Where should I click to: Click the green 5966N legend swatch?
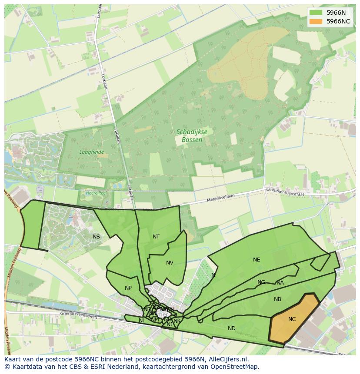316,13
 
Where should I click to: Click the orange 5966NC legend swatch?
316,21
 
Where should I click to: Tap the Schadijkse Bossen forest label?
189,136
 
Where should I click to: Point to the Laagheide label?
91,152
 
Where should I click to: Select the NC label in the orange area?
292,319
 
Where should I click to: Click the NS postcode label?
96,237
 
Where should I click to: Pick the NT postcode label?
156,237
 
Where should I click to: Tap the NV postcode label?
170,263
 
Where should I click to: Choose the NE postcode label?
257,260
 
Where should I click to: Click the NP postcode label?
128,288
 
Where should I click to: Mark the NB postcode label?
277,299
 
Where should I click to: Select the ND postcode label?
232,328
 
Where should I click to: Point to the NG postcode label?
261,282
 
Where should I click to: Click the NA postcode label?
280,283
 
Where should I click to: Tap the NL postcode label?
142,321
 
